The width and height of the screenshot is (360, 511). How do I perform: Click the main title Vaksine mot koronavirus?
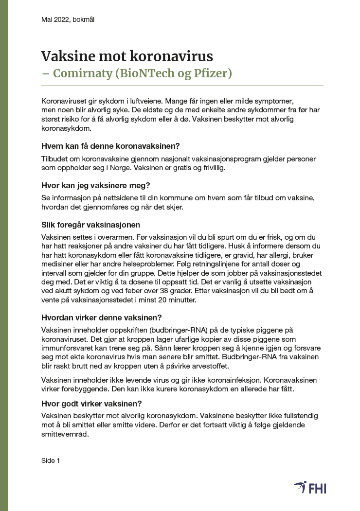pos(127,56)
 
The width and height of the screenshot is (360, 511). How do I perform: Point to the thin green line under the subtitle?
pos(182,86)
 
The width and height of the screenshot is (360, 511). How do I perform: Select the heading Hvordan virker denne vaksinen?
pos(101,318)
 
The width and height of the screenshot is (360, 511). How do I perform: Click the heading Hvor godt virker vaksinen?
pos(91,404)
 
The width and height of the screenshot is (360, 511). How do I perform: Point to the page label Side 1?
pos(51,460)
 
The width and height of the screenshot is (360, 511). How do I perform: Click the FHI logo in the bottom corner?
pos(310,487)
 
